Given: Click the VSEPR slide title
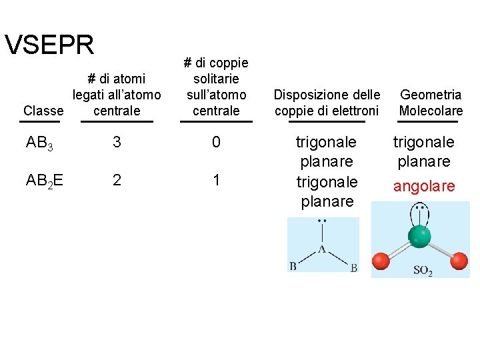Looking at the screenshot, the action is tap(49, 45).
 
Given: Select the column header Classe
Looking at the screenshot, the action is tap(43, 110).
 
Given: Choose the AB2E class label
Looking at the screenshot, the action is tap(44, 181).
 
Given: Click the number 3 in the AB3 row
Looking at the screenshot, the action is tap(117, 143).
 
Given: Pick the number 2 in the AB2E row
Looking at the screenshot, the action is tap(117, 180).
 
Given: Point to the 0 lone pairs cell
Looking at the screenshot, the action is tap(216, 143).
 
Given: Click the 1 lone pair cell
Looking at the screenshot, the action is tap(216, 180).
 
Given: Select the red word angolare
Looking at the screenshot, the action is tap(424, 187).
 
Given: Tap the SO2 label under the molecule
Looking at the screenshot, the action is tap(423, 271).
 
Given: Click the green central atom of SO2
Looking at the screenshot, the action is tap(419, 236).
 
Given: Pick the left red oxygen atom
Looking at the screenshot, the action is tap(381, 260).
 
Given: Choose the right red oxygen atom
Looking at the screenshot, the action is tap(459, 260).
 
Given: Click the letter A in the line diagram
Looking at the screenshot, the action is tap(322, 249).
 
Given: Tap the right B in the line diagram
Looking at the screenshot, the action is tap(353, 268).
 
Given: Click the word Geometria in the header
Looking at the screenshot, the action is tap(430, 95).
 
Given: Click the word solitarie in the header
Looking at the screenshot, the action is tap(215, 79).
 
